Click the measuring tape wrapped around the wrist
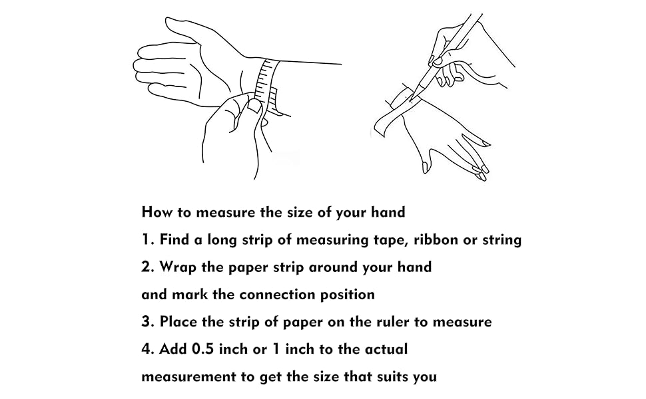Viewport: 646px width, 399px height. [x=266, y=84]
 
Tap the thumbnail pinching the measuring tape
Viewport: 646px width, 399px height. [x=255, y=106]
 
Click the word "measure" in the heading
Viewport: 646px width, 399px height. [x=226, y=213]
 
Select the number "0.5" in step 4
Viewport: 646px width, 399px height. [x=202, y=349]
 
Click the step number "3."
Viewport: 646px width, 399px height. [x=148, y=322]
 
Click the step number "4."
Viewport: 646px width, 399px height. [x=148, y=349]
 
